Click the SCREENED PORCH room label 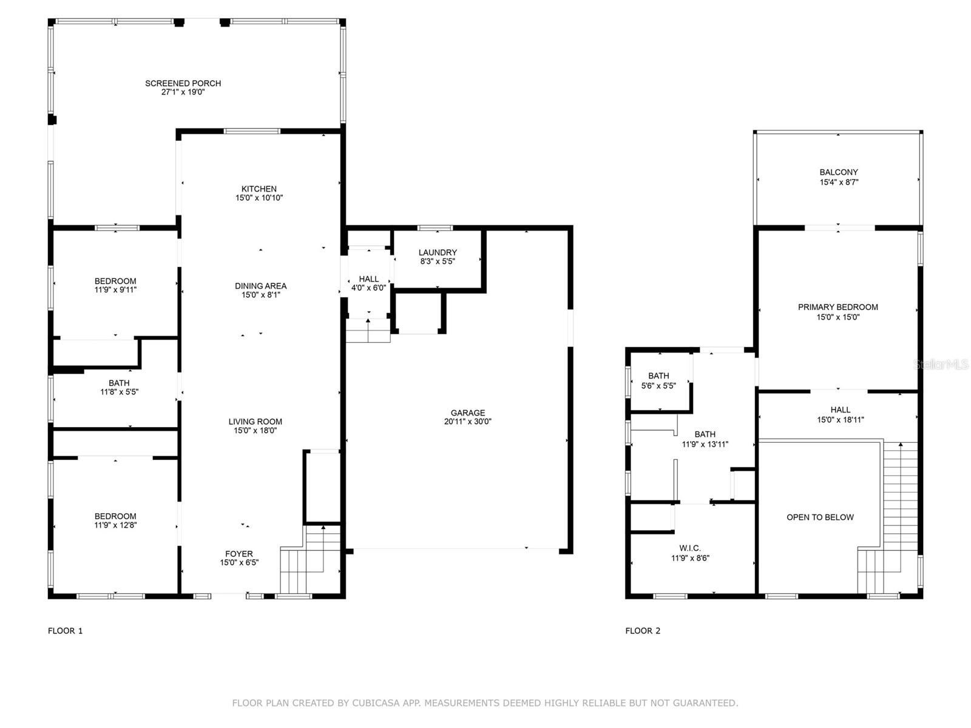[x=183, y=83]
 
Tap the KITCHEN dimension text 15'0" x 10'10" [x=259, y=198]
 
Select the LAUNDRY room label [x=438, y=252]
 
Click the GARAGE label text [x=467, y=413]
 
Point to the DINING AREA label [x=260, y=286]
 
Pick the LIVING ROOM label [x=255, y=422]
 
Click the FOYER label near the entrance [x=239, y=553]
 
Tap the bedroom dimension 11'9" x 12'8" [x=115, y=525]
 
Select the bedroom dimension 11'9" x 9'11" [x=115, y=290]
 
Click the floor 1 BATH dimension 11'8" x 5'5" [x=119, y=392]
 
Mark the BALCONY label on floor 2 [x=838, y=172]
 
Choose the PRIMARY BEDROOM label [x=837, y=307]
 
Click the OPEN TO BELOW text [x=820, y=517]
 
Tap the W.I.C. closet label [x=690, y=548]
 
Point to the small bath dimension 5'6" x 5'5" [x=658, y=385]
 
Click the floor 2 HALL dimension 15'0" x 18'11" [x=840, y=420]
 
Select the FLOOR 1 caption [x=65, y=631]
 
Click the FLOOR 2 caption [x=643, y=631]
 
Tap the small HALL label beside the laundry [x=368, y=279]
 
